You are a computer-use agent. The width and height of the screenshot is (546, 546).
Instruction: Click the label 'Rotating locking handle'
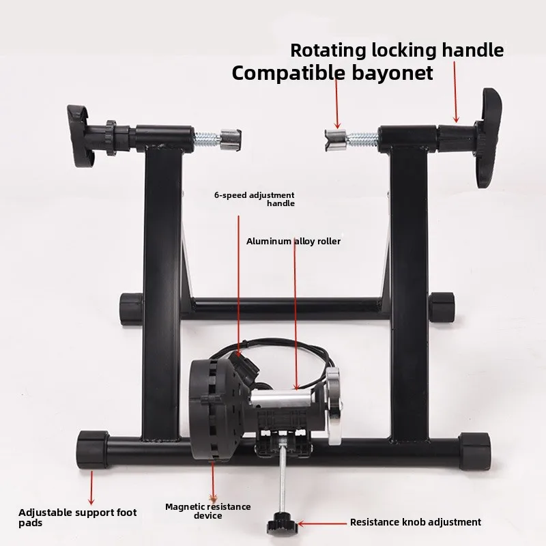pos(397,50)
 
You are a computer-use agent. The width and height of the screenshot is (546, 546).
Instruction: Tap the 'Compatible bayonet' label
pos(332,72)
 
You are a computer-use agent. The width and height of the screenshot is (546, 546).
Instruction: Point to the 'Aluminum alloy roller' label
pos(293,241)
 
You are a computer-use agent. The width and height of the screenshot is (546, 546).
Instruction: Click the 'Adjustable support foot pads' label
pos(78,517)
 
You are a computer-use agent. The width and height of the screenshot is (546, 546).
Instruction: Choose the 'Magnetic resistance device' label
pos(207,511)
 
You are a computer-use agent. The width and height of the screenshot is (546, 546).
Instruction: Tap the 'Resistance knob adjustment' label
pos(415,522)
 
